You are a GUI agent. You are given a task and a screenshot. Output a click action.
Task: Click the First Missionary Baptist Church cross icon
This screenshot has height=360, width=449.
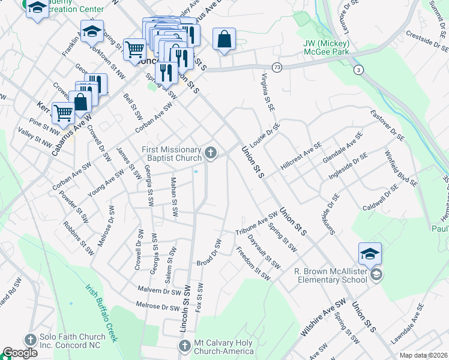coord(211,154)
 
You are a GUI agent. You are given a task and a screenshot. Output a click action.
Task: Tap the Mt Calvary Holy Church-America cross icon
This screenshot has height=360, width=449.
coord(185,346)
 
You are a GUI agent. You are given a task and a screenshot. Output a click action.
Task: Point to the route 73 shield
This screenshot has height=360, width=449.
coord(276,67)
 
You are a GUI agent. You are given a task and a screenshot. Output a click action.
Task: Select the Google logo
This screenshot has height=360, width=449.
coord(20,353)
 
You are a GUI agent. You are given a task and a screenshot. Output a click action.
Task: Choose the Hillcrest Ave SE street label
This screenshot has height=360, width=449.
coord(300,161)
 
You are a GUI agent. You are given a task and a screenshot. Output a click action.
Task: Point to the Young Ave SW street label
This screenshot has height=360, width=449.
coord(106,183)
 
